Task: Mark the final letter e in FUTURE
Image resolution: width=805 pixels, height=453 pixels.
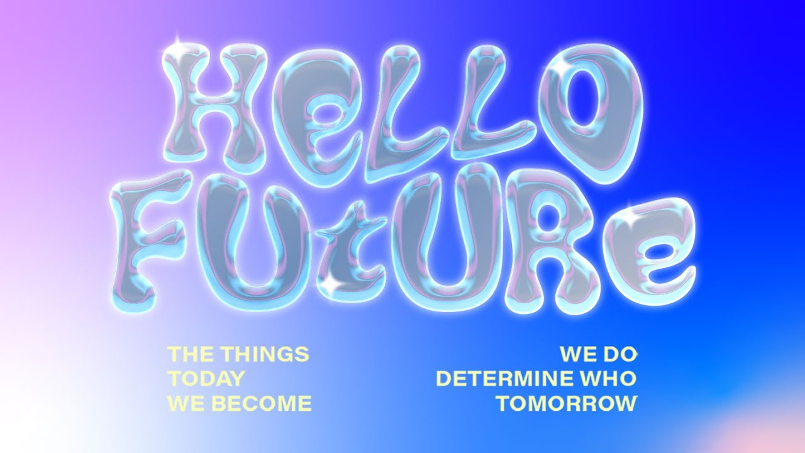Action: tap(648, 252)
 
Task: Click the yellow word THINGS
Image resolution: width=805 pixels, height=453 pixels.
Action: tap(264, 354)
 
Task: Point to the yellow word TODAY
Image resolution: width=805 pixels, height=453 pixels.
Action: tap(206, 379)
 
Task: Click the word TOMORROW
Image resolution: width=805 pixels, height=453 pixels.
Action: tap(566, 403)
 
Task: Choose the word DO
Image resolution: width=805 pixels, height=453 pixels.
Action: tap(619, 354)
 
